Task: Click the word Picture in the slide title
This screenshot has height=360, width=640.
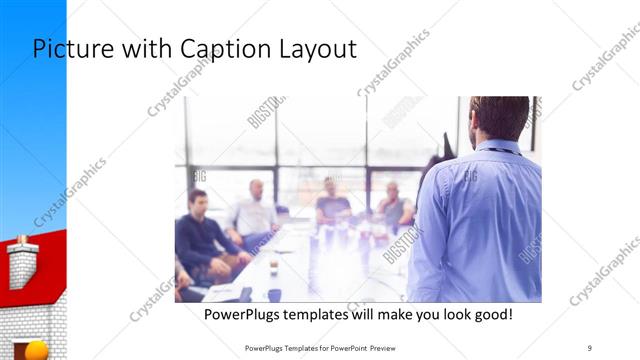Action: click(x=69, y=49)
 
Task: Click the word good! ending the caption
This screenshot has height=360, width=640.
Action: click(x=489, y=314)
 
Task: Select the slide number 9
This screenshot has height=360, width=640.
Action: click(x=590, y=348)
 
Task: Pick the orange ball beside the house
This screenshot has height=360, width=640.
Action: click(x=36, y=351)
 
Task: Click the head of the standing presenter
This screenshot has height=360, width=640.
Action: click(x=499, y=118)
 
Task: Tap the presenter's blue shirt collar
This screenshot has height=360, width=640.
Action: click(x=498, y=147)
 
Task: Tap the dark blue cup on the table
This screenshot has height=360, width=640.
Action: click(x=274, y=295)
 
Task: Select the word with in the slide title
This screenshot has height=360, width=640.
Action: click(x=150, y=49)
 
